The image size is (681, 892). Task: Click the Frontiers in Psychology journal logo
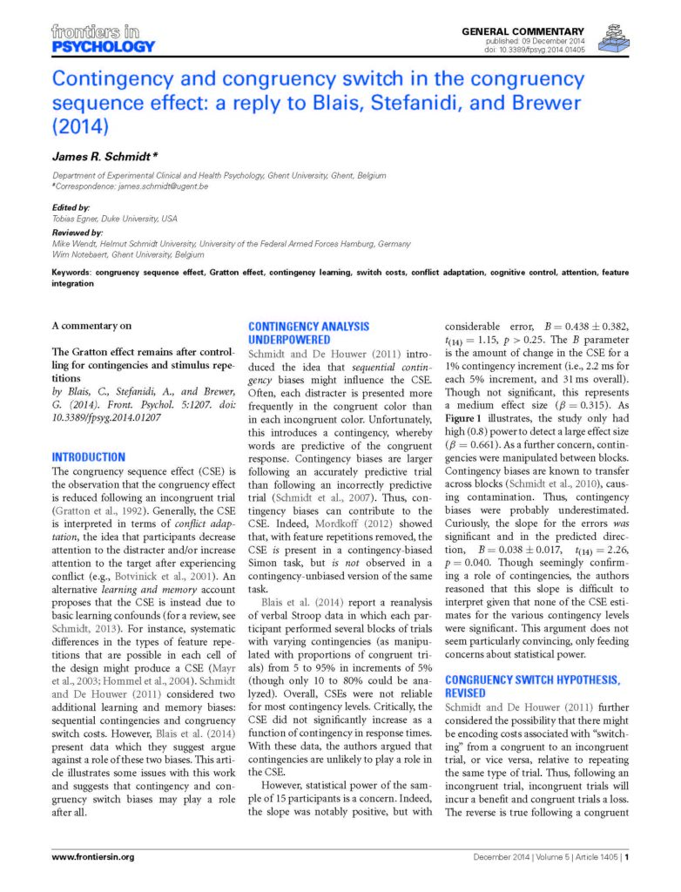tap(103, 39)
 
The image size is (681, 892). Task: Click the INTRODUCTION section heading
tap(88, 456)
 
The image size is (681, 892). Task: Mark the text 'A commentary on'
tap(91, 326)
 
